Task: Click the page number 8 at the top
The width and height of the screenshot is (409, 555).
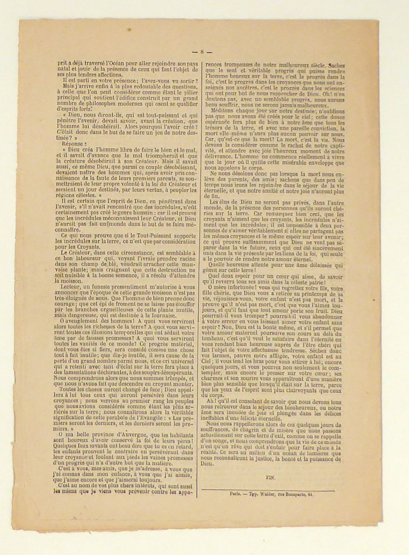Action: click(x=202, y=52)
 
